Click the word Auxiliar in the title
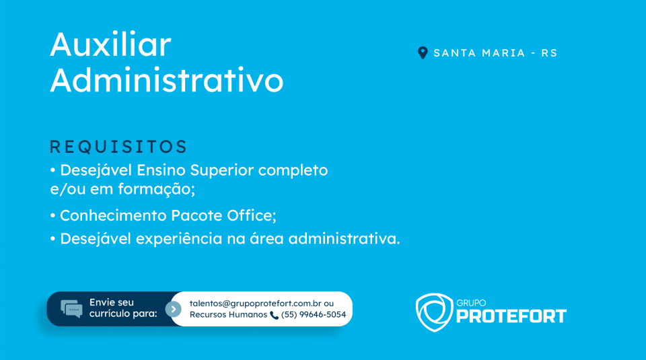click(110, 44)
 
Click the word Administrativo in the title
click(167, 80)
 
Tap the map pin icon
click(423, 52)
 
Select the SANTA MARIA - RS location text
click(495, 53)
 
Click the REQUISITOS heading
click(118, 147)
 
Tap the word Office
click(251, 215)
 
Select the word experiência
click(179, 239)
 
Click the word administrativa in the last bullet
click(344, 238)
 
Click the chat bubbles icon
click(71, 308)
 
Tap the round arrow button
click(174, 309)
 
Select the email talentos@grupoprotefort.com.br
click(256, 304)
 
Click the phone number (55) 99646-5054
click(314, 315)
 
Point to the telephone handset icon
click(274, 315)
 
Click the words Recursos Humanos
click(228, 315)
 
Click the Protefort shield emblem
click(434, 312)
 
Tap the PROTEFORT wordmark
click(511, 316)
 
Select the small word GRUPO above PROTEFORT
click(471, 303)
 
